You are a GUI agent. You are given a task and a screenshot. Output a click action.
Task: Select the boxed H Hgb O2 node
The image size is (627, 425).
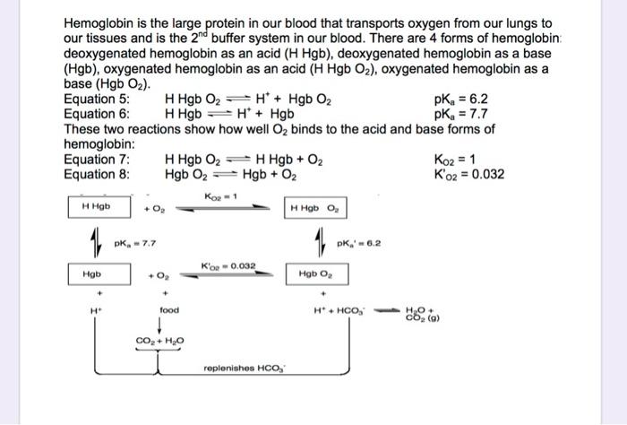coord(314,208)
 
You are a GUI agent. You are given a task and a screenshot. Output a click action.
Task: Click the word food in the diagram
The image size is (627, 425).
coord(169,310)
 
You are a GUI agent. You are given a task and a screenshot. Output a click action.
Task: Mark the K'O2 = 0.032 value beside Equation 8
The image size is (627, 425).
coord(468,174)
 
